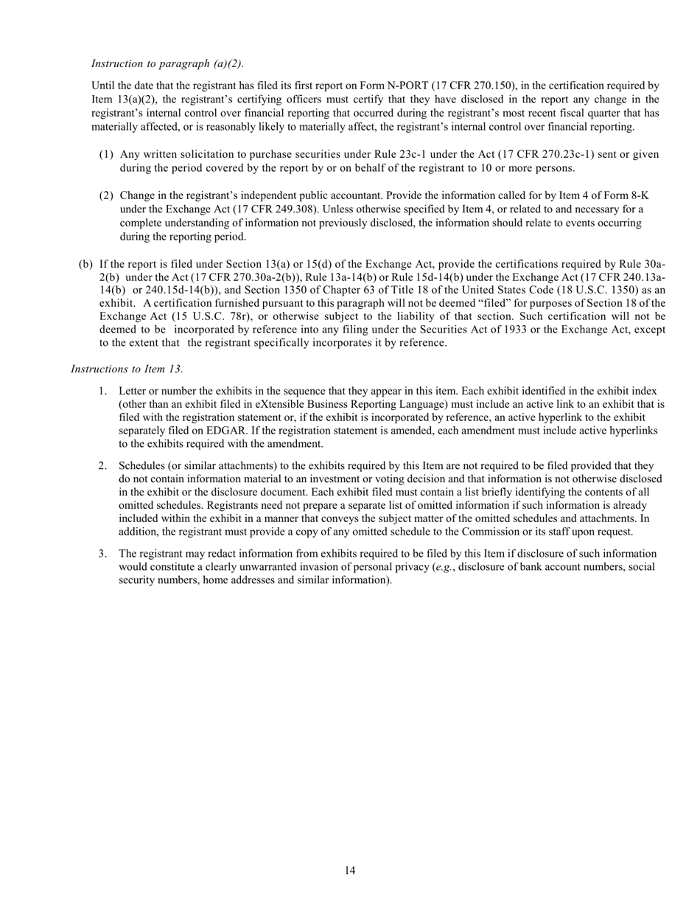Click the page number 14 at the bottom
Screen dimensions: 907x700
click(350, 871)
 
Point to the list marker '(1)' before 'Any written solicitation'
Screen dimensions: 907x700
click(107, 155)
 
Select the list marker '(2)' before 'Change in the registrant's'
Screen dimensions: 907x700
click(107, 195)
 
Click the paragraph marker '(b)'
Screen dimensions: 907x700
click(85, 264)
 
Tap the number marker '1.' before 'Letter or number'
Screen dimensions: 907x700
click(103, 391)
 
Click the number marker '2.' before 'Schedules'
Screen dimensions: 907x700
click(103, 466)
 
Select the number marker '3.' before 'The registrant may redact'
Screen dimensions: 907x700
click(103, 554)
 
